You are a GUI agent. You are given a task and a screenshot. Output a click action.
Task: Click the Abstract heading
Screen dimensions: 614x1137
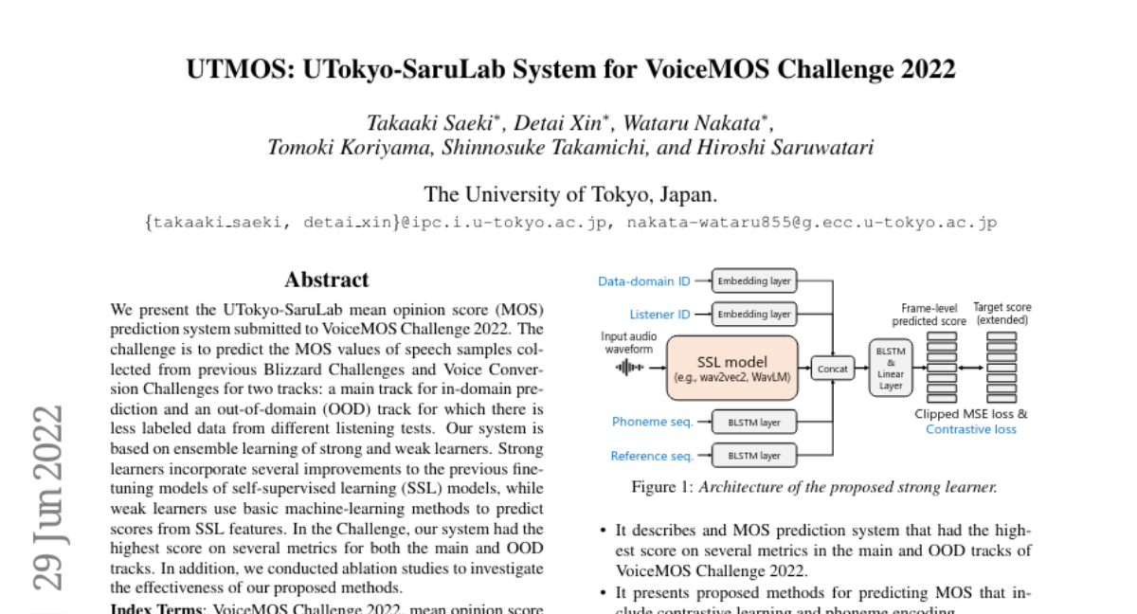point(327,280)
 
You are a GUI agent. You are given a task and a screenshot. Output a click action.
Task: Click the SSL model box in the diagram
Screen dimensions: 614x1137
point(733,368)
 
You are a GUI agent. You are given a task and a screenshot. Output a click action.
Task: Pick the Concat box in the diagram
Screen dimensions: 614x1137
point(834,369)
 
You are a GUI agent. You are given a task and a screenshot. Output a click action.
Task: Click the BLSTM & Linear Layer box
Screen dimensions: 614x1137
point(889,368)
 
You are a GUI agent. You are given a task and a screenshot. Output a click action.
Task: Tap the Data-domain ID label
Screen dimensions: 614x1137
point(644,281)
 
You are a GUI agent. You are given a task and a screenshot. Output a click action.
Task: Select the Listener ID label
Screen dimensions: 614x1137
point(659,315)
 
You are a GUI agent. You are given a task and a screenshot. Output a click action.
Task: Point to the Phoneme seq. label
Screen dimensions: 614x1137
point(653,422)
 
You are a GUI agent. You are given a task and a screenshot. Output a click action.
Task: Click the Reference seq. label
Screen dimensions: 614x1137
point(651,456)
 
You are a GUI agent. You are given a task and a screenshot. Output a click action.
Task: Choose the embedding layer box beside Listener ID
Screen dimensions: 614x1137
point(754,314)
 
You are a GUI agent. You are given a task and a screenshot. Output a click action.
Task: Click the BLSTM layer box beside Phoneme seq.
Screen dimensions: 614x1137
point(754,422)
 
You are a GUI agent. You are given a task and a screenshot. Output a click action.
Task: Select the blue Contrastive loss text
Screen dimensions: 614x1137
point(970,429)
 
